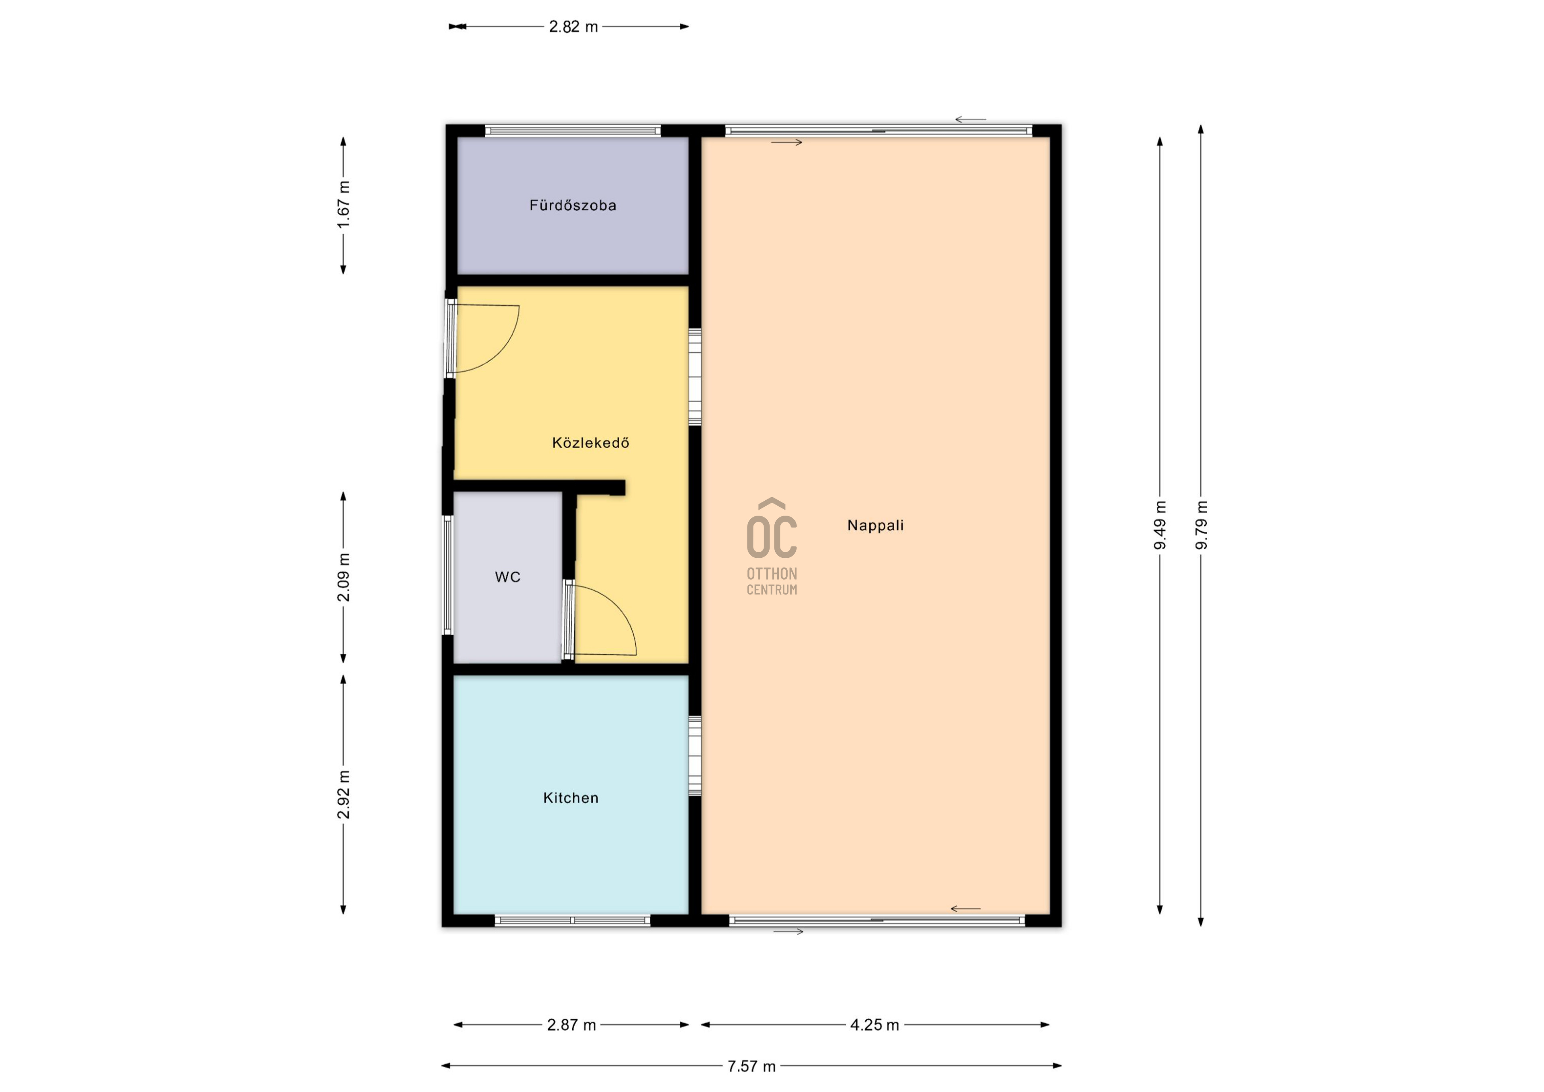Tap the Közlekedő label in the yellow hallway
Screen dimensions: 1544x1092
(x=590, y=443)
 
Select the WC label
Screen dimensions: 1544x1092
(x=508, y=577)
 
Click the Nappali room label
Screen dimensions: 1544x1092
(x=876, y=525)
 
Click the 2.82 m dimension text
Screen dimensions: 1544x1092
(x=573, y=27)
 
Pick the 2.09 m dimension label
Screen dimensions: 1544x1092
(x=344, y=577)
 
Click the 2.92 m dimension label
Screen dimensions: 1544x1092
(x=344, y=795)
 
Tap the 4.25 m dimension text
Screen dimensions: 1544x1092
(x=874, y=1025)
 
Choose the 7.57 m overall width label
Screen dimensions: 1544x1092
(x=751, y=1066)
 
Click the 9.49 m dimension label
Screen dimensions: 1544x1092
(x=1160, y=525)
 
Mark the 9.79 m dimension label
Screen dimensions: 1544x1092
(x=1202, y=525)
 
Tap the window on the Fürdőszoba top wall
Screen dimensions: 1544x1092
(x=573, y=131)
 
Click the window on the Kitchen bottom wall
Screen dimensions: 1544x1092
(x=572, y=920)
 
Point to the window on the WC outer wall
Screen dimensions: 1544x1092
(x=447, y=575)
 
